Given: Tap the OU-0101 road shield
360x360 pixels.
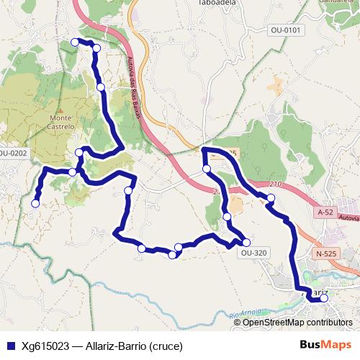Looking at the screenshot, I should (x=286, y=30).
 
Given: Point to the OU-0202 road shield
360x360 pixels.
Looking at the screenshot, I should (x=12, y=153).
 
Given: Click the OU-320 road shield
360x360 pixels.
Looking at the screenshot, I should (x=254, y=253).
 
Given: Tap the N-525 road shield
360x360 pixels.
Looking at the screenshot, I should (x=326, y=254).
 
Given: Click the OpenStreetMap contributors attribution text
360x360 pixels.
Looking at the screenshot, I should (x=297, y=323).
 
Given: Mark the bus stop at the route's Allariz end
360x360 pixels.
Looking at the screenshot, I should (x=324, y=297).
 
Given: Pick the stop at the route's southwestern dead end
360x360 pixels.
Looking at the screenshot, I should (x=35, y=203).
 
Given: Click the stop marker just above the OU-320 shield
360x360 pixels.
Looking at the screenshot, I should (x=246, y=242).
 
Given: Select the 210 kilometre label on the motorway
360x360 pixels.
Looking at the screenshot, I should (x=274, y=185).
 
